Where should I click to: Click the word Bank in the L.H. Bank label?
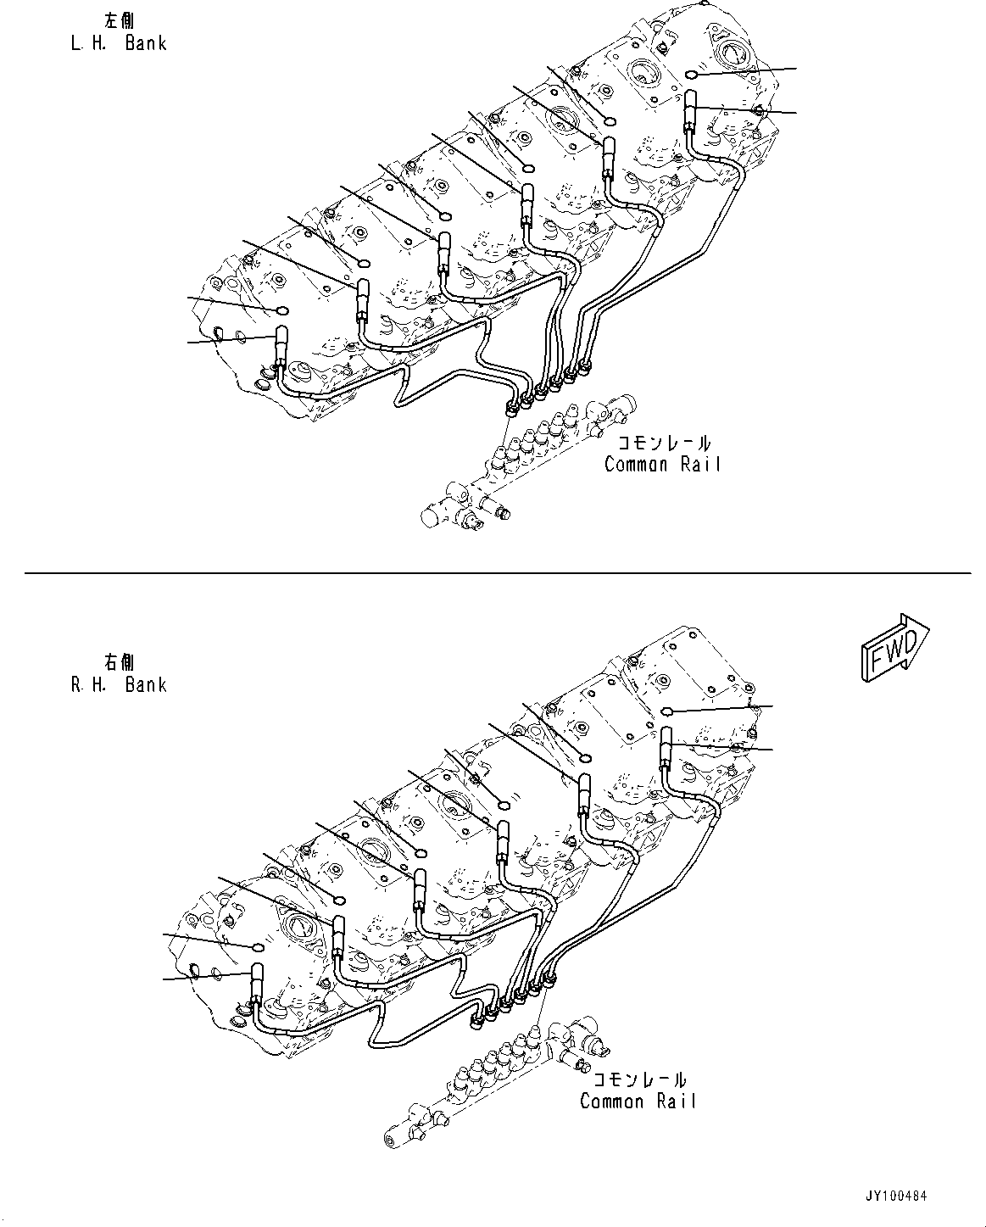146,43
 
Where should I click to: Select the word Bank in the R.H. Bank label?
146,684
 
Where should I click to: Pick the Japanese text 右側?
118,661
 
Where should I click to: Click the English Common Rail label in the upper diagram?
662,464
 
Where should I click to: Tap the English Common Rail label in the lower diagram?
638,1102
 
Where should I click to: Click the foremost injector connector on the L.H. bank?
689,113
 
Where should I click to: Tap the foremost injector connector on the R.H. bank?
666,747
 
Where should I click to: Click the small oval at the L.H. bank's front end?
691,76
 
